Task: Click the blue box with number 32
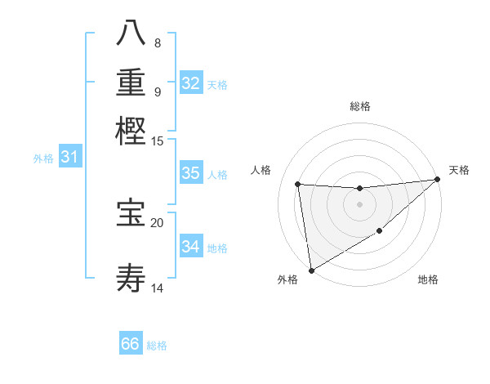click(191, 83)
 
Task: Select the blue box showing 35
click(191, 173)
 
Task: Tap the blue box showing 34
click(191, 247)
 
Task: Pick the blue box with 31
click(69, 157)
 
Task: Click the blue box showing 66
click(131, 344)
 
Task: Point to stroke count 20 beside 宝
click(158, 222)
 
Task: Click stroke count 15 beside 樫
click(158, 141)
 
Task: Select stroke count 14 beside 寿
click(158, 288)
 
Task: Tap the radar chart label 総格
click(360, 106)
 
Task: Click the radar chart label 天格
click(459, 170)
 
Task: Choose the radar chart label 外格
click(287, 280)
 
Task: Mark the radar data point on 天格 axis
click(437, 180)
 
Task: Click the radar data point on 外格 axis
click(311, 270)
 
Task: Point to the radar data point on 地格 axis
click(380, 232)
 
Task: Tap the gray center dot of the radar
click(359, 205)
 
